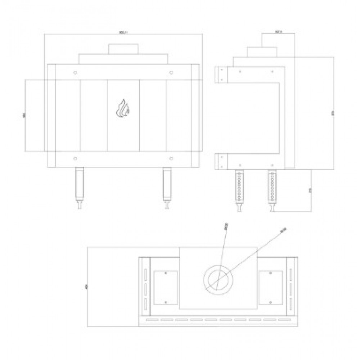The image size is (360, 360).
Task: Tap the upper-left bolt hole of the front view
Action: [75, 72]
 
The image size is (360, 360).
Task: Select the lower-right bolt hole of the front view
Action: [171, 158]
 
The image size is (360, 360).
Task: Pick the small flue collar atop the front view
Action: [123, 49]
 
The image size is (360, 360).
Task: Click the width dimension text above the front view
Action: [123, 33]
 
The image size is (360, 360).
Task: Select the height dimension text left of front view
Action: [24, 115]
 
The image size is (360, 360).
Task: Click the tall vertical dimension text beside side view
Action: [333, 114]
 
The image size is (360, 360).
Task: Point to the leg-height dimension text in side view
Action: [310, 190]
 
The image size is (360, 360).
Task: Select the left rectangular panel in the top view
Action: [166, 287]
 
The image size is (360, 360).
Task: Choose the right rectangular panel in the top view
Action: [271, 287]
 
